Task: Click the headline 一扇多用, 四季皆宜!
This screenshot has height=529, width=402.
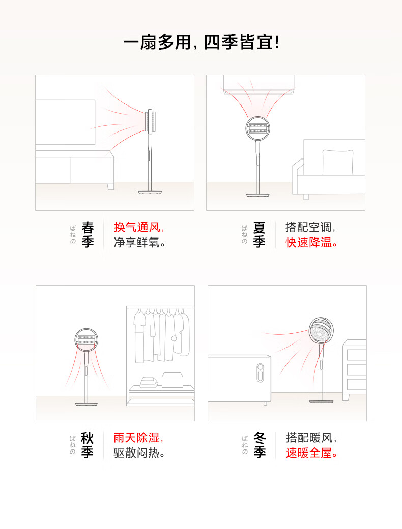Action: (x=201, y=42)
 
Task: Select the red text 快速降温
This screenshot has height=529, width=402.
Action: (x=309, y=242)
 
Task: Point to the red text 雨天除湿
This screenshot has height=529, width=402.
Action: (x=137, y=438)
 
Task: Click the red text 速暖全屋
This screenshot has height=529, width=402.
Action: (x=309, y=453)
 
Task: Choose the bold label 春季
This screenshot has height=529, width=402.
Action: (x=88, y=235)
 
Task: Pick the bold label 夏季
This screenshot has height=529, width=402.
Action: (x=259, y=235)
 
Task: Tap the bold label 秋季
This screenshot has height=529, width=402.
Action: (x=87, y=445)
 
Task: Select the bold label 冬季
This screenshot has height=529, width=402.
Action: (x=260, y=445)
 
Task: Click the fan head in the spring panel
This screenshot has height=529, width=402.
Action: (x=150, y=121)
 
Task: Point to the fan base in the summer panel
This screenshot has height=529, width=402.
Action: (x=257, y=195)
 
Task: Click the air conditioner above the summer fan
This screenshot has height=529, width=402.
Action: (x=259, y=84)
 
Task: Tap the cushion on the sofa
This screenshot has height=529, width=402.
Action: (x=338, y=163)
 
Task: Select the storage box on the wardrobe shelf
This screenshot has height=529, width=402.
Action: (x=173, y=380)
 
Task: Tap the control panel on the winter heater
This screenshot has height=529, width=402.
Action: (x=260, y=373)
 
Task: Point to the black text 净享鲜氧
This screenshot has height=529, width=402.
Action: (x=137, y=242)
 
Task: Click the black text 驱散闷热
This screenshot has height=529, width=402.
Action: (x=136, y=453)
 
